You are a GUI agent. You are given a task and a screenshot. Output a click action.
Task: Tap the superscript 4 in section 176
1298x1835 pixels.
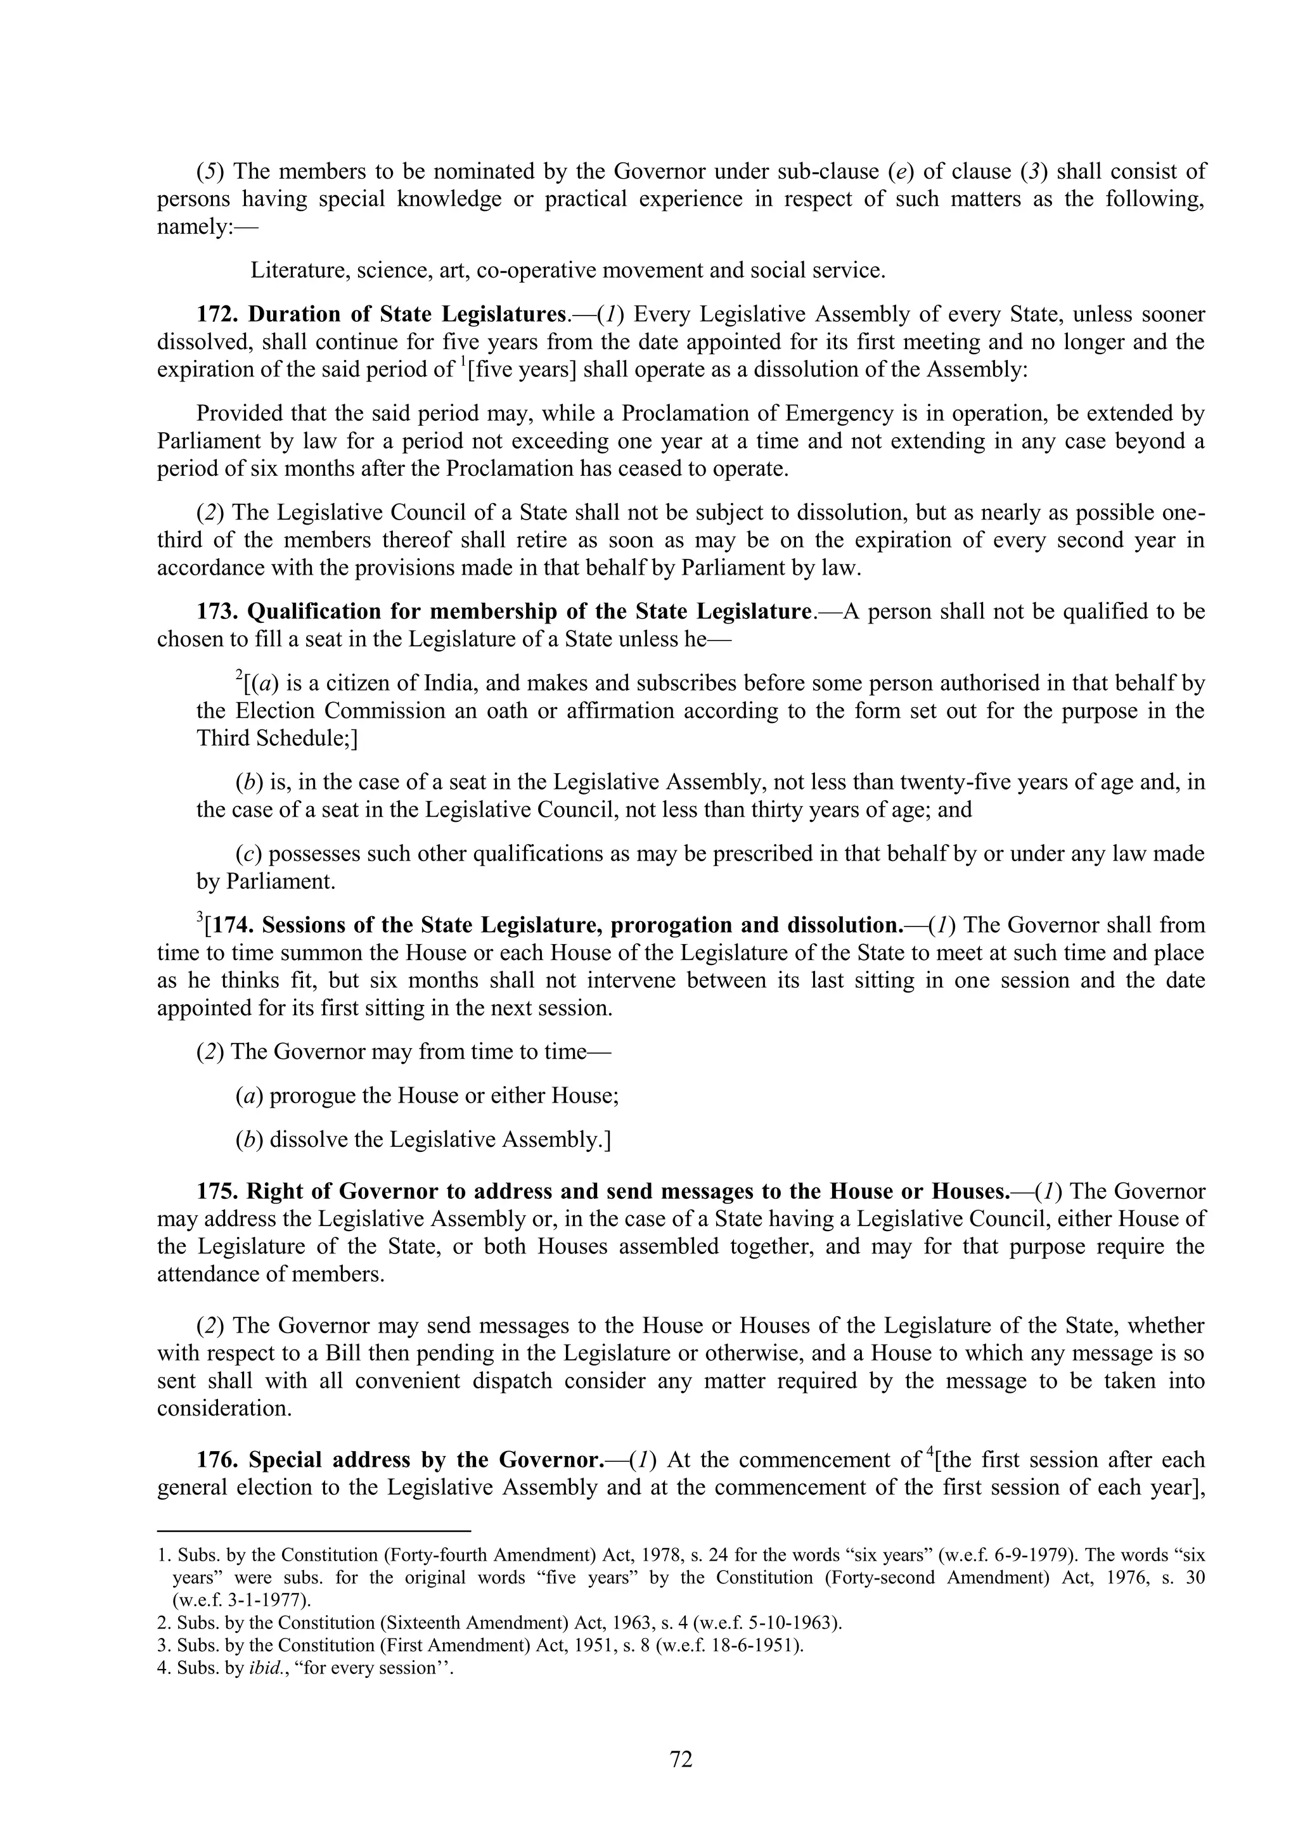[929, 1452]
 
